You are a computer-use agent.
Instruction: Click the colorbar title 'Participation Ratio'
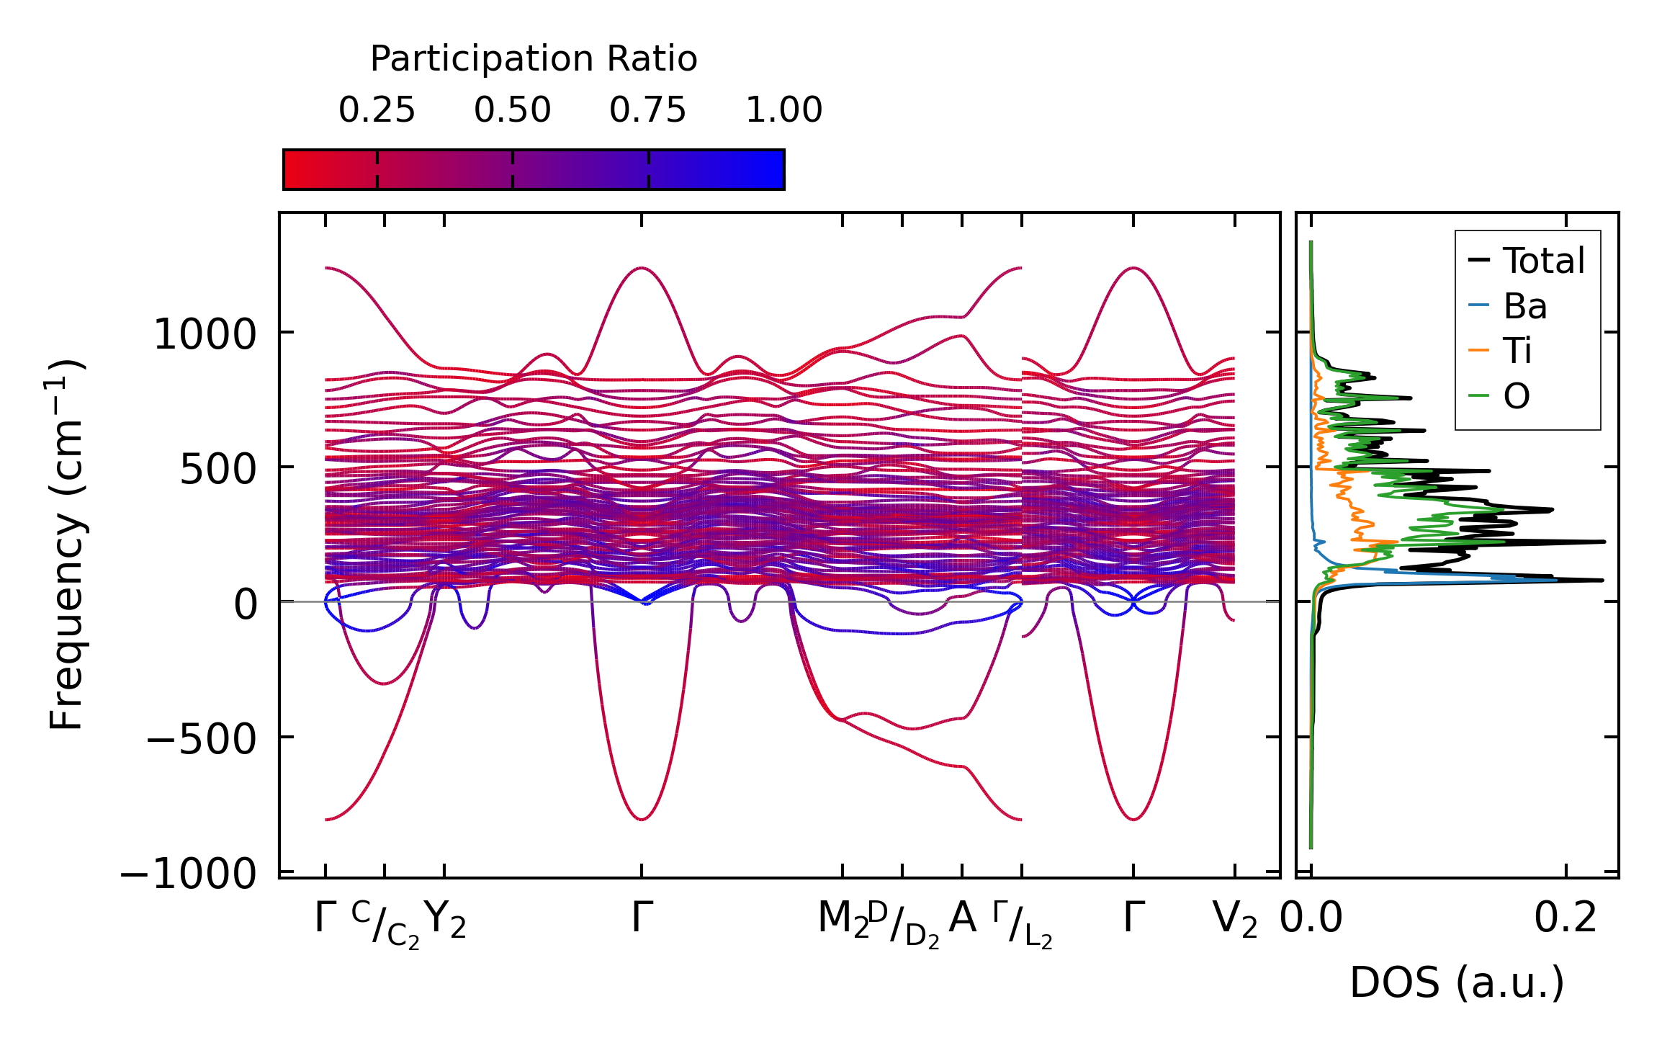(x=534, y=59)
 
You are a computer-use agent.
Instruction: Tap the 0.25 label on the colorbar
(x=377, y=111)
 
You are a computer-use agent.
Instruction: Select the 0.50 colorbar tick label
(x=512, y=111)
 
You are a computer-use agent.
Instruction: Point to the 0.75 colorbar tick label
(x=647, y=111)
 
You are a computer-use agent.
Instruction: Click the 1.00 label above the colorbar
(x=783, y=111)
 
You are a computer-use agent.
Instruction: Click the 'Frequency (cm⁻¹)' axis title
(x=67, y=545)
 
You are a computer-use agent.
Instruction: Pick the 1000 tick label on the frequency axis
(x=205, y=335)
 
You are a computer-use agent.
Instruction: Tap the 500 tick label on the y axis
(x=218, y=470)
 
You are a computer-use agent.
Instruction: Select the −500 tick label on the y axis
(x=201, y=739)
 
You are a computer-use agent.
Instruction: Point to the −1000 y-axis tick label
(x=189, y=874)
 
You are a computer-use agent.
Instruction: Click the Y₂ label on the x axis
(x=445, y=921)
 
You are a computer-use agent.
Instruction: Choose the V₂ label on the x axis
(x=1235, y=921)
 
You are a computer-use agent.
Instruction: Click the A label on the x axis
(x=963, y=918)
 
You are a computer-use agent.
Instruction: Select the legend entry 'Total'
(x=1543, y=261)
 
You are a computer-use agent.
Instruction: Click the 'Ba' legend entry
(x=1524, y=306)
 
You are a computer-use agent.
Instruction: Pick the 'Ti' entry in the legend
(x=1518, y=351)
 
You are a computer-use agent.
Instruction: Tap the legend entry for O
(x=1517, y=396)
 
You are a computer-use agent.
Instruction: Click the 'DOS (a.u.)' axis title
(x=1457, y=983)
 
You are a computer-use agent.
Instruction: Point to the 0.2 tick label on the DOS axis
(x=1566, y=919)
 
